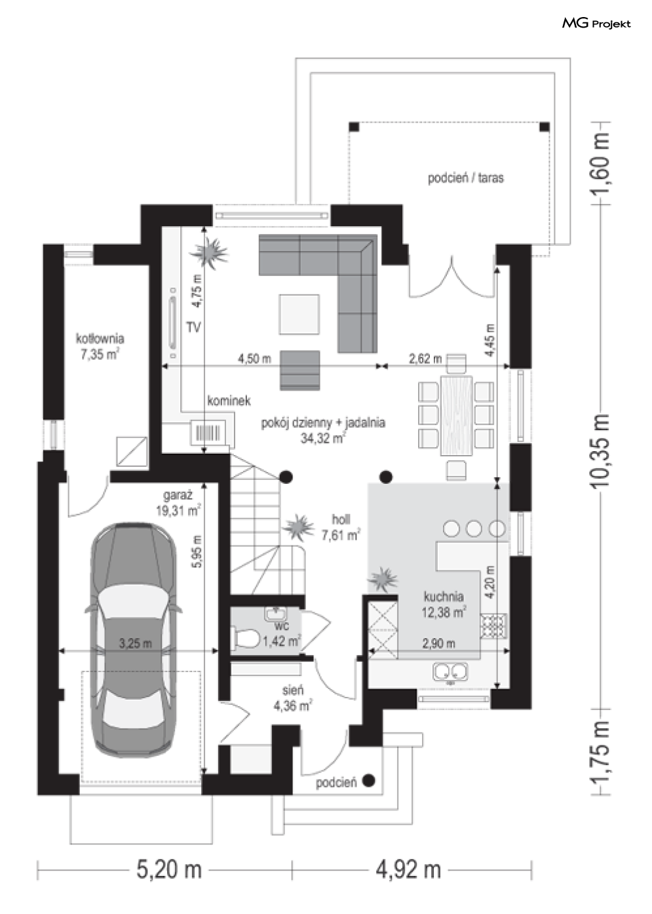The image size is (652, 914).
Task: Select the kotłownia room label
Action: tap(100, 346)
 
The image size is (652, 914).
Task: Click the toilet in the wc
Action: tap(246, 637)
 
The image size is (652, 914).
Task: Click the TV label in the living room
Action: tap(194, 327)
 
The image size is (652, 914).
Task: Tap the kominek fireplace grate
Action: tap(208, 432)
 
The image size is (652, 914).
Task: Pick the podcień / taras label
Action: tap(465, 178)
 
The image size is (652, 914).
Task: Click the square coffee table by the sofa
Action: tap(299, 314)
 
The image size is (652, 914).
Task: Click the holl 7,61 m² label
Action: tap(341, 527)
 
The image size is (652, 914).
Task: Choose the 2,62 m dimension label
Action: tap(425, 359)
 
